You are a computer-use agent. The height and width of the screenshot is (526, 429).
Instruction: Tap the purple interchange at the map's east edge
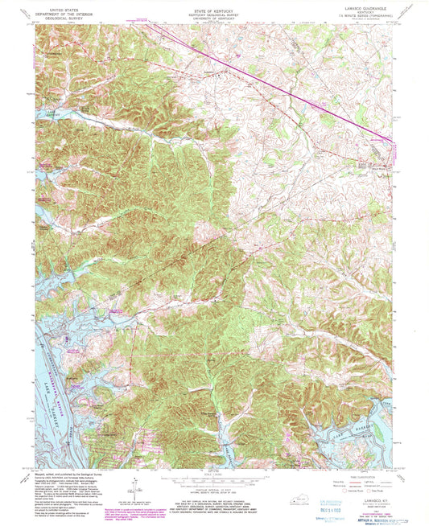click(392, 142)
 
